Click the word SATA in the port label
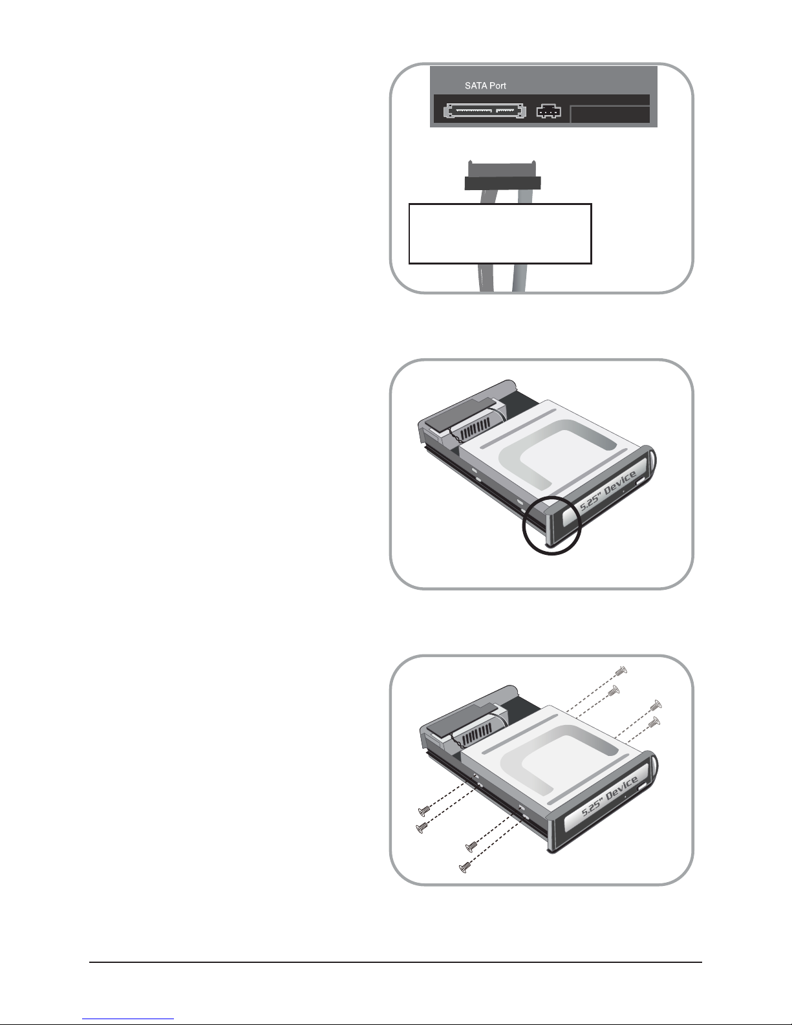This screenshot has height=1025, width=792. (x=475, y=86)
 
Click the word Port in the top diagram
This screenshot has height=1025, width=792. (x=497, y=86)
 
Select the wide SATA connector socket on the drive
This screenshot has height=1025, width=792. (x=485, y=111)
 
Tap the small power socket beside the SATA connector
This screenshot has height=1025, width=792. (x=549, y=111)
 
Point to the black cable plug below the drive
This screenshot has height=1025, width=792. (x=502, y=175)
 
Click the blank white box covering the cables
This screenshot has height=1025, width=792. (x=500, y=234)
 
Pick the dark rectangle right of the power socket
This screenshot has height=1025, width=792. (x=610, y=114)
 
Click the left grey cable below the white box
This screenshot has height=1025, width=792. (x=486, y=278)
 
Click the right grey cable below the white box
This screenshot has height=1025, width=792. (x=520, y=278)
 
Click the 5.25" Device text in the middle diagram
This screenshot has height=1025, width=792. (x=608, y=491)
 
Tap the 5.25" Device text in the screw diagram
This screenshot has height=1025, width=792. (x=610, y=796)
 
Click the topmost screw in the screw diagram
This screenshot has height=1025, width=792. (x=621, y=670)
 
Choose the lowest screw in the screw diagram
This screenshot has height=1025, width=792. (x=464, y=867)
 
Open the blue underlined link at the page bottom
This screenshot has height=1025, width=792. (x=128, y=1019)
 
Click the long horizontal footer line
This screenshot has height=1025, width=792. (x=396, y=962)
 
